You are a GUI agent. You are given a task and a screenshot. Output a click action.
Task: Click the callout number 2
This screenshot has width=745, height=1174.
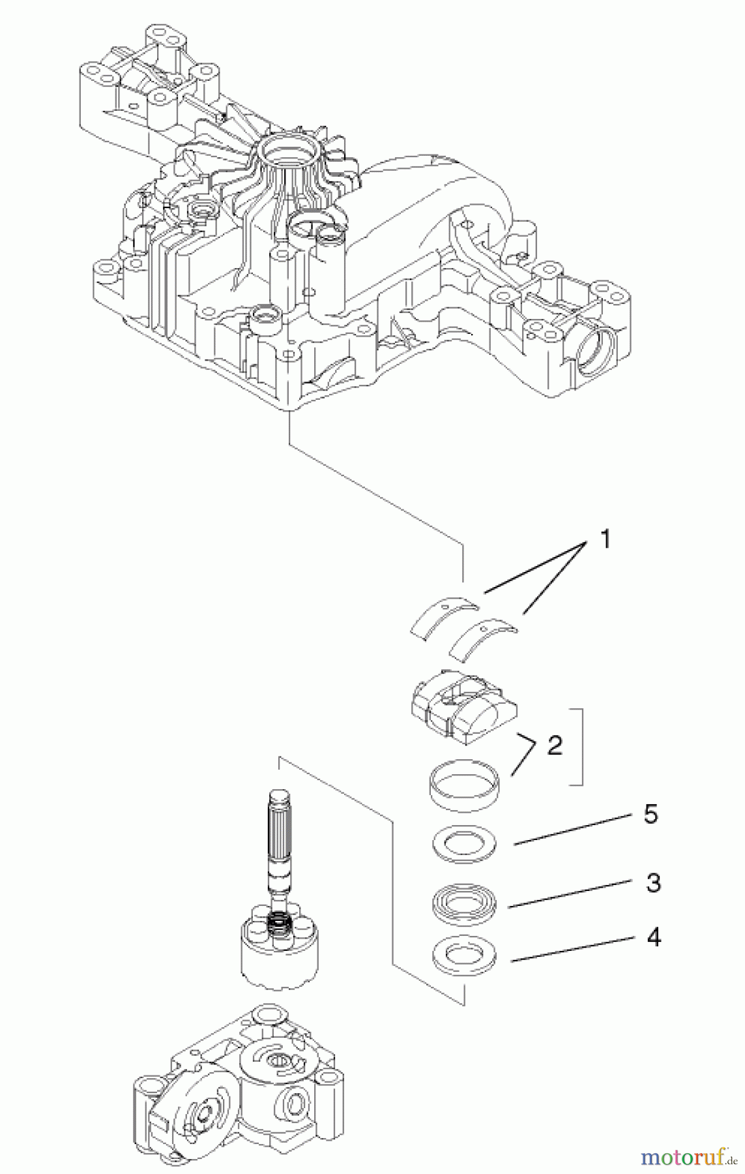coord(555,745)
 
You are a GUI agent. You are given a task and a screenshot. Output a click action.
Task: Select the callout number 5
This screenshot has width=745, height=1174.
coord(650,815)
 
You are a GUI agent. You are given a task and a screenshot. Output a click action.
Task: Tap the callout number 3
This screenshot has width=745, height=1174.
coord(653,882)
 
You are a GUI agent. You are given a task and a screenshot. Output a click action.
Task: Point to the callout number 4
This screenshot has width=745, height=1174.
coord(653,937)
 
